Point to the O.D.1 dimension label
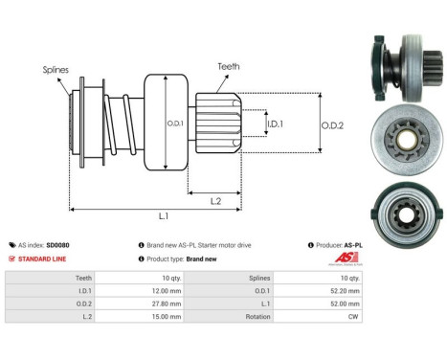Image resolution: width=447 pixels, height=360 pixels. [175, 122]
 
